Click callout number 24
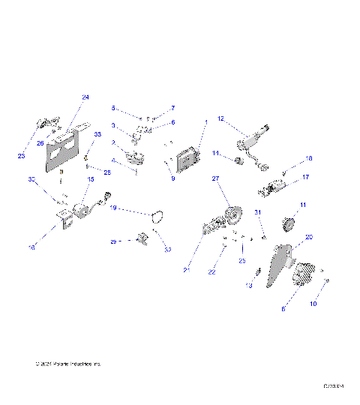point(85,98)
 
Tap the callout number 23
point(22,156)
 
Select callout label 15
point(91,179)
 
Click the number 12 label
point(220,118)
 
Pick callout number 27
point(214,179)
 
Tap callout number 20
point(309,237)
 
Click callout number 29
point(113,241)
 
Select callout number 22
point(212,272)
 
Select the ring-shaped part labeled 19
point(157,217)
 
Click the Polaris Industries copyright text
point(67,364)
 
